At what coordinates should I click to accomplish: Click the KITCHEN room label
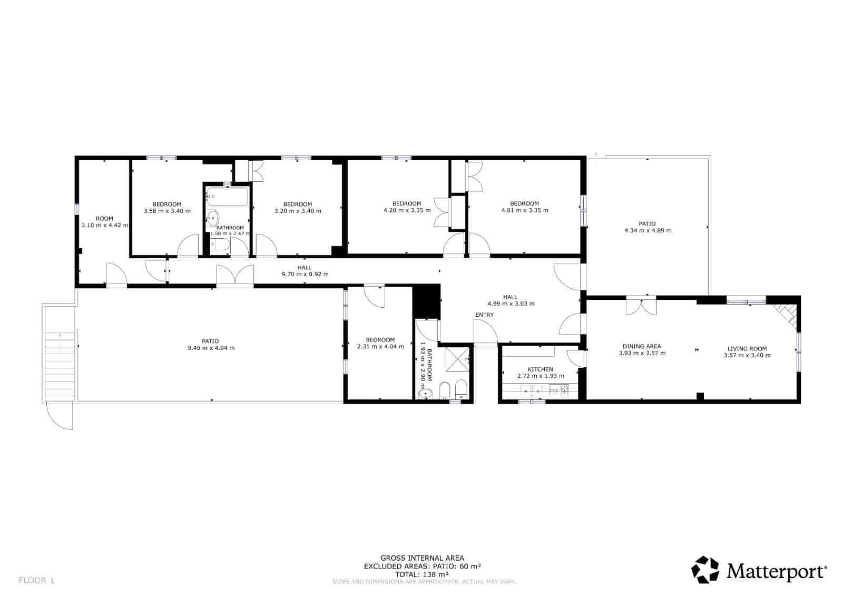tap(541, 369)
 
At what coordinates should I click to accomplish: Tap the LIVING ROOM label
tap(747, 349)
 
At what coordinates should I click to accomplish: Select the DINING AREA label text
tap(642, 347)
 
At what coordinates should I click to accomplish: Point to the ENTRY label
tap(484, 315)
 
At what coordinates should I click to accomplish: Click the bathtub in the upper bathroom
tap(228, 197)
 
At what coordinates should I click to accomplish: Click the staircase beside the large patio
tap(60, 366)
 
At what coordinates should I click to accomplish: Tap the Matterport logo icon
tap(705, 570)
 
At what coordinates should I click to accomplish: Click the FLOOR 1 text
tap(36, 581)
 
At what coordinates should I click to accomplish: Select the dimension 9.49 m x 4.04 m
tap(210, 348)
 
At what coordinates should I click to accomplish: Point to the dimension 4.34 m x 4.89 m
tap(648, 230)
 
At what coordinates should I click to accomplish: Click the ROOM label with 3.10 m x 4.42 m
tap(104, 219)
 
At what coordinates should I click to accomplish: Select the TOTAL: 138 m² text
tap(422, 574)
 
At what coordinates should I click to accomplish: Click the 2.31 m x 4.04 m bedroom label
tap(380, 344)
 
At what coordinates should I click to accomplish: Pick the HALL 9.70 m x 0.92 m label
tap(305, 271)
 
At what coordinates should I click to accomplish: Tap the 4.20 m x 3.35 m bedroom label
tap(406, 207)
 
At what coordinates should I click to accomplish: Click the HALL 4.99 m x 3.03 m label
tap(510, 300)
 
